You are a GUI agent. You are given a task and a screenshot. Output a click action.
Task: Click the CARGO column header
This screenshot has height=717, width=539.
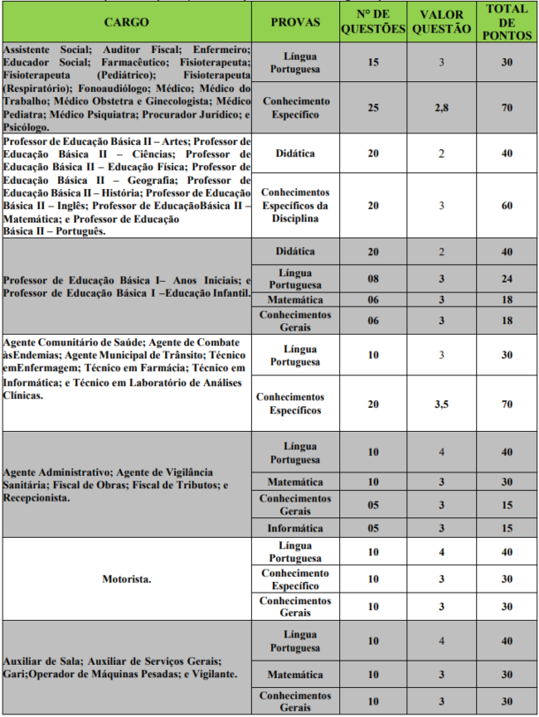[126, 21]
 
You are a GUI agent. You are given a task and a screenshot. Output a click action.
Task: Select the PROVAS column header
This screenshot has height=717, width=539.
[295, 21]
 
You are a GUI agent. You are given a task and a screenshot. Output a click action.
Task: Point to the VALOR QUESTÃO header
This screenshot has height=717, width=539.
[440, 21]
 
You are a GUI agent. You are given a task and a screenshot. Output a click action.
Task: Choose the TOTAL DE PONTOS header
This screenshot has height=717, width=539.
[507, 21]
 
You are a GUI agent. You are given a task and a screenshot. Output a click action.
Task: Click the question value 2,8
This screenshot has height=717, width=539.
[440, 107]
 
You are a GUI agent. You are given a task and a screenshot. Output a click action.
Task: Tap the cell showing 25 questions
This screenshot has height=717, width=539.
[373, 107]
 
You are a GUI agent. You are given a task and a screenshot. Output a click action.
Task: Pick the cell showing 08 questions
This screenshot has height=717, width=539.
[373, 278]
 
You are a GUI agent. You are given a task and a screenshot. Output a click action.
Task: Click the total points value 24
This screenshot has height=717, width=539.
[507, 278]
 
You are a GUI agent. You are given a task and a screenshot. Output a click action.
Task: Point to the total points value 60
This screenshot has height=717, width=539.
[507, 205]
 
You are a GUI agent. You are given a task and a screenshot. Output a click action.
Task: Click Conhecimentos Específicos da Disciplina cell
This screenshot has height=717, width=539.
[295, 205]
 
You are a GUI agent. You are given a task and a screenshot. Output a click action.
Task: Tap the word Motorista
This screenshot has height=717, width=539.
[126, 580]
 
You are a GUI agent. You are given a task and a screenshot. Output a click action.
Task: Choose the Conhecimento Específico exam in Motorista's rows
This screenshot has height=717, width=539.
[295, 580]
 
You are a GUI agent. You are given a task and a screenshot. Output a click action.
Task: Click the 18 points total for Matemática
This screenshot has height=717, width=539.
[507, 300]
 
